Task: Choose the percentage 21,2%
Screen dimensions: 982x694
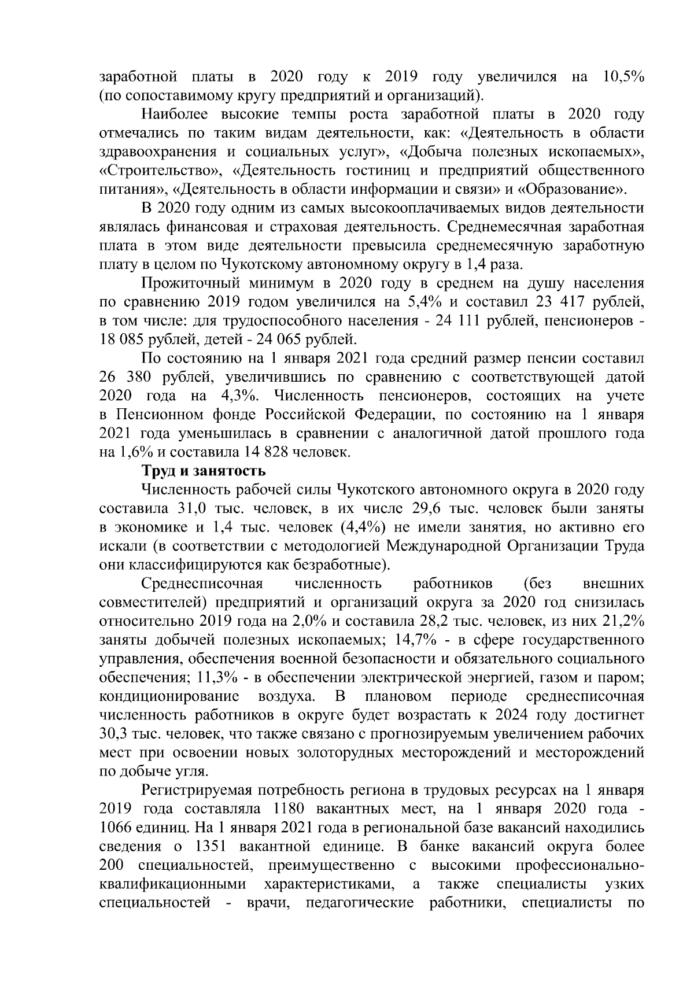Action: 622,621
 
